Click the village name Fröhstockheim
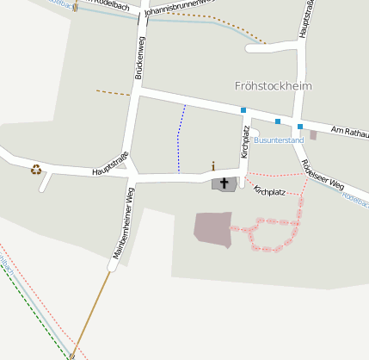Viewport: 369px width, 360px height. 273,86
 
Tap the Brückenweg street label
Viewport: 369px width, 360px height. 140,58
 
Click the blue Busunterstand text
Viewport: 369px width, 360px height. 280,140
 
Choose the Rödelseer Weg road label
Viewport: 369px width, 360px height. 322,173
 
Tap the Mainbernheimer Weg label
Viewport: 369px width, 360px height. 124,222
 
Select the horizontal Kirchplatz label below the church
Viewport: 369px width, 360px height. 269,191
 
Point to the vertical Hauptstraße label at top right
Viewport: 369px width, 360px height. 304,19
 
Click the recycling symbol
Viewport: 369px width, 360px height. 36,169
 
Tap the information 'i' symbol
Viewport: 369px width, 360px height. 213,166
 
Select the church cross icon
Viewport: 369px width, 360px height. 225,183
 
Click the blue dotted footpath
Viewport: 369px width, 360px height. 180,138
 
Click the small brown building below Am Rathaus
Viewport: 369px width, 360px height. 313,135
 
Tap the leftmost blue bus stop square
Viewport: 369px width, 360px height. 243,110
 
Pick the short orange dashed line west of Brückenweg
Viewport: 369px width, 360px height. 113,92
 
